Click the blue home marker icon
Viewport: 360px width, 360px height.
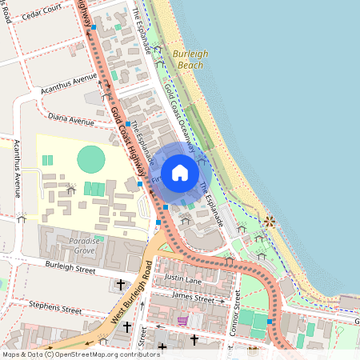pos(180,172)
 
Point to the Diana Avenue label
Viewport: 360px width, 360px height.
pos(71,121)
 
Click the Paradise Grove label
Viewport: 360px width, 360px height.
pos(71,245)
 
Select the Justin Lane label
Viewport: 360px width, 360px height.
pos(182,279)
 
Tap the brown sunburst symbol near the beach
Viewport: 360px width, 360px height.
pos(270,221)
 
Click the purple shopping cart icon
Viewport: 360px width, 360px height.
pos(183,321)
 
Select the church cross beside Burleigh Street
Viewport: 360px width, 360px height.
pos(122,284)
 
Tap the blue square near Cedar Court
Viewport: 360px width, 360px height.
pos(94,27)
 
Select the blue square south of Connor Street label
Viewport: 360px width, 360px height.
pos(270,322)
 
